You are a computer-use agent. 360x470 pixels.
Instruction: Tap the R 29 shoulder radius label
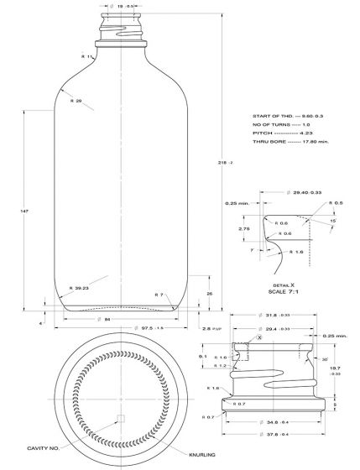[x=75, y=101]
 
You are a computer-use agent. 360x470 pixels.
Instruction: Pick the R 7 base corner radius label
[x=159, y=295]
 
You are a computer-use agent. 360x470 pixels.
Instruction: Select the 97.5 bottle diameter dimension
[x=125, y=328]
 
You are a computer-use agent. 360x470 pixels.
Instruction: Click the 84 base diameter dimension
[x=123, y=319]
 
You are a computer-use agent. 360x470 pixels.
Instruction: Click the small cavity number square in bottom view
[x=121, y=417]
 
